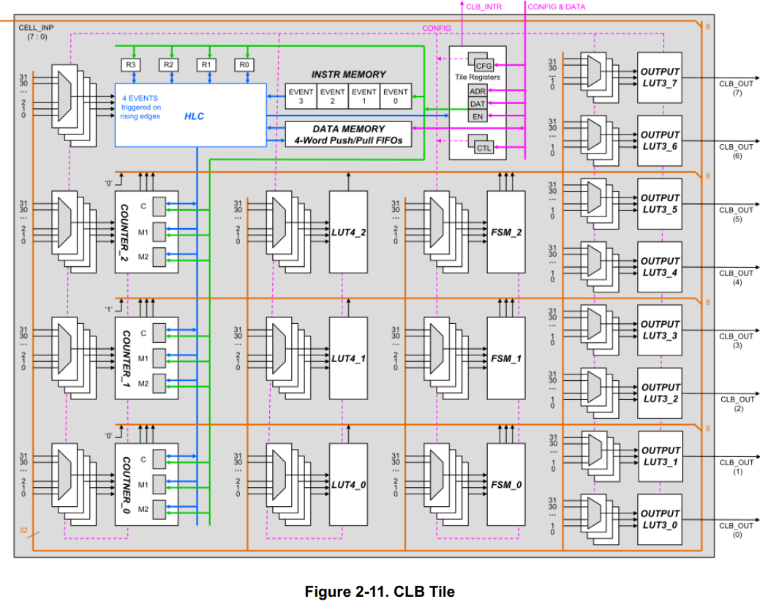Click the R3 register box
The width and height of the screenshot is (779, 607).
tap(131, 65)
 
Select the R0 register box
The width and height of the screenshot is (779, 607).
tap(244, 65)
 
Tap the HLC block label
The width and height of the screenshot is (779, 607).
tap(194, 117)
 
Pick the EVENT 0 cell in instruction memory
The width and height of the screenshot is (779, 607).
tap(396, 97)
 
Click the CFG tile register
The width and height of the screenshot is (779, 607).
tap(482, 65)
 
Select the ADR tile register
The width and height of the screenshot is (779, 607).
tap(477, 91)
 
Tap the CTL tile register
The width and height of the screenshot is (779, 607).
tap(483, 148)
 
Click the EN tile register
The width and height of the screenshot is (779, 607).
tap(477, 116)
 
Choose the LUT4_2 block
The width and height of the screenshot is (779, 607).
tap(348, 232)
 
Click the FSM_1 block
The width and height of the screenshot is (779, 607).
tap(506, 358)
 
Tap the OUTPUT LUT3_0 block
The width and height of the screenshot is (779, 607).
tap(659, 519)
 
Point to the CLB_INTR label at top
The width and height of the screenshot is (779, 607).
tap(483, 7)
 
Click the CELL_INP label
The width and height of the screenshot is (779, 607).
tap(36, 31)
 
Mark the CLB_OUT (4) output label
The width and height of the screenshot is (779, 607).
tap(736, 276)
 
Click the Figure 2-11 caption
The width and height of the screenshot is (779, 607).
tap(380, 592)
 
